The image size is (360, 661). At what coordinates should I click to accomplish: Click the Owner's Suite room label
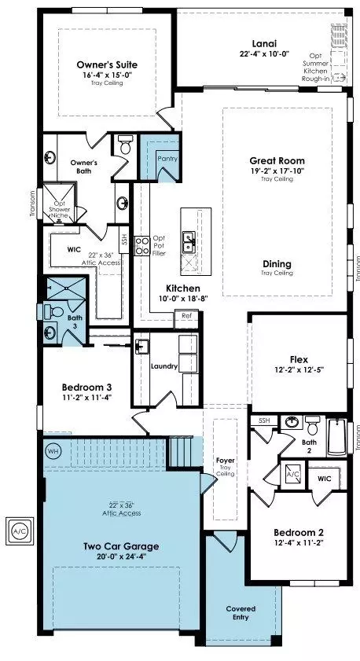(x=107, y=65)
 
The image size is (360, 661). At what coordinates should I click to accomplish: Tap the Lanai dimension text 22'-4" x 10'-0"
(x=264, y=53)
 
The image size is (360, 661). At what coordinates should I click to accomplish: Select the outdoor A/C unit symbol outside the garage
(x=20, y=531)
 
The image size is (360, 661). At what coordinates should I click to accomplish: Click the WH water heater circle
(x=53, y=451)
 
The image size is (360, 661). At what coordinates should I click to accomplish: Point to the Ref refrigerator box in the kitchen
(x=186, y=316)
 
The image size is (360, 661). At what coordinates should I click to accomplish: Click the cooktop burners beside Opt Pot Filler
(x=142, y=246)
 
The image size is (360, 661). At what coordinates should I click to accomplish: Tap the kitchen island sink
(x=189, y=243)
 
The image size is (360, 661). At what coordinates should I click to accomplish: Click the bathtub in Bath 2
(x=337, y=437)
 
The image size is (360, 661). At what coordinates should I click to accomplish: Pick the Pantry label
(x=167, y=159)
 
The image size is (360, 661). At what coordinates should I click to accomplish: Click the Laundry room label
(x=164, y=366)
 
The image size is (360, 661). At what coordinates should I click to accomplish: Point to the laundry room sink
(x=141, y=347)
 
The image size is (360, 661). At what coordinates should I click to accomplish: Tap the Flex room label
(x=299, y=360)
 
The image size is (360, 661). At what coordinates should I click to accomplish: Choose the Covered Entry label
(x=241, y=613)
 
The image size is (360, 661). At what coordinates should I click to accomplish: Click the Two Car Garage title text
(x=121, y=546)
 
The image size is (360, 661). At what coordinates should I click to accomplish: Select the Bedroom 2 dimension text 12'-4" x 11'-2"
(x=299, y=542)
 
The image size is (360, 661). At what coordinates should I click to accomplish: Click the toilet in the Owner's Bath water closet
(x=125, y=145)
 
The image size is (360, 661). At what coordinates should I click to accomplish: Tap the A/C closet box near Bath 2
(x=292, y=474)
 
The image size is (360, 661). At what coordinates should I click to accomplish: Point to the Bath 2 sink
(x=291, y=421)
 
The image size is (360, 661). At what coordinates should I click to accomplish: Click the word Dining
(x=277, y=264)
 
